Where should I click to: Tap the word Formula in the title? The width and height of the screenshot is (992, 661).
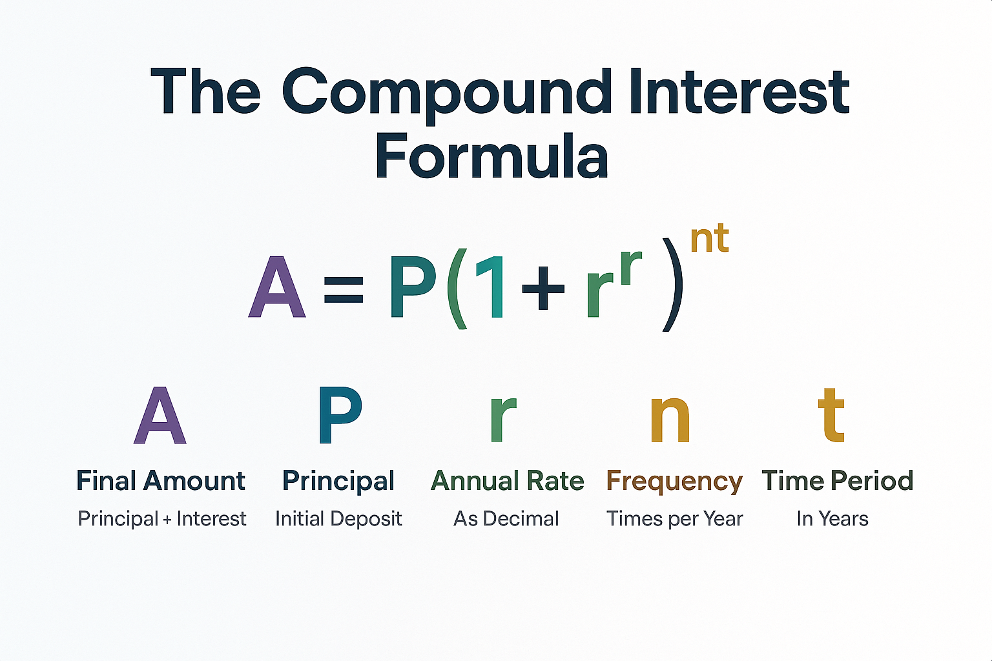tap(491, 157)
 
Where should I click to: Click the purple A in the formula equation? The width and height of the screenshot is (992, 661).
tap(277, 287)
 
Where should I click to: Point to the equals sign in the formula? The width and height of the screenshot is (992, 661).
tap(344, 288)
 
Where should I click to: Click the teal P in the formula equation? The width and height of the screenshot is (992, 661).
tap(412, 287)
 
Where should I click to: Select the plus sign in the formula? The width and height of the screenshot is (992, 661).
tap(542, 288)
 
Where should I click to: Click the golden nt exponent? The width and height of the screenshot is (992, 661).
tap(709, 238)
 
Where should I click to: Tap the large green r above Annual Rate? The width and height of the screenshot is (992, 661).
tap(502, 418)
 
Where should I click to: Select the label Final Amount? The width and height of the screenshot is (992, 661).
tap(161, 481)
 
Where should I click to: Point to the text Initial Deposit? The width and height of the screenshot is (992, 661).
tap(338, 519)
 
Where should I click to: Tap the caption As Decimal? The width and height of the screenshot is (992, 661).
tap(506, 519)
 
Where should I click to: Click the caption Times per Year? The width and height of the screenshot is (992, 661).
tap(675, 519)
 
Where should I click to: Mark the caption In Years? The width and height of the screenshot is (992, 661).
tap(832, 519)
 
